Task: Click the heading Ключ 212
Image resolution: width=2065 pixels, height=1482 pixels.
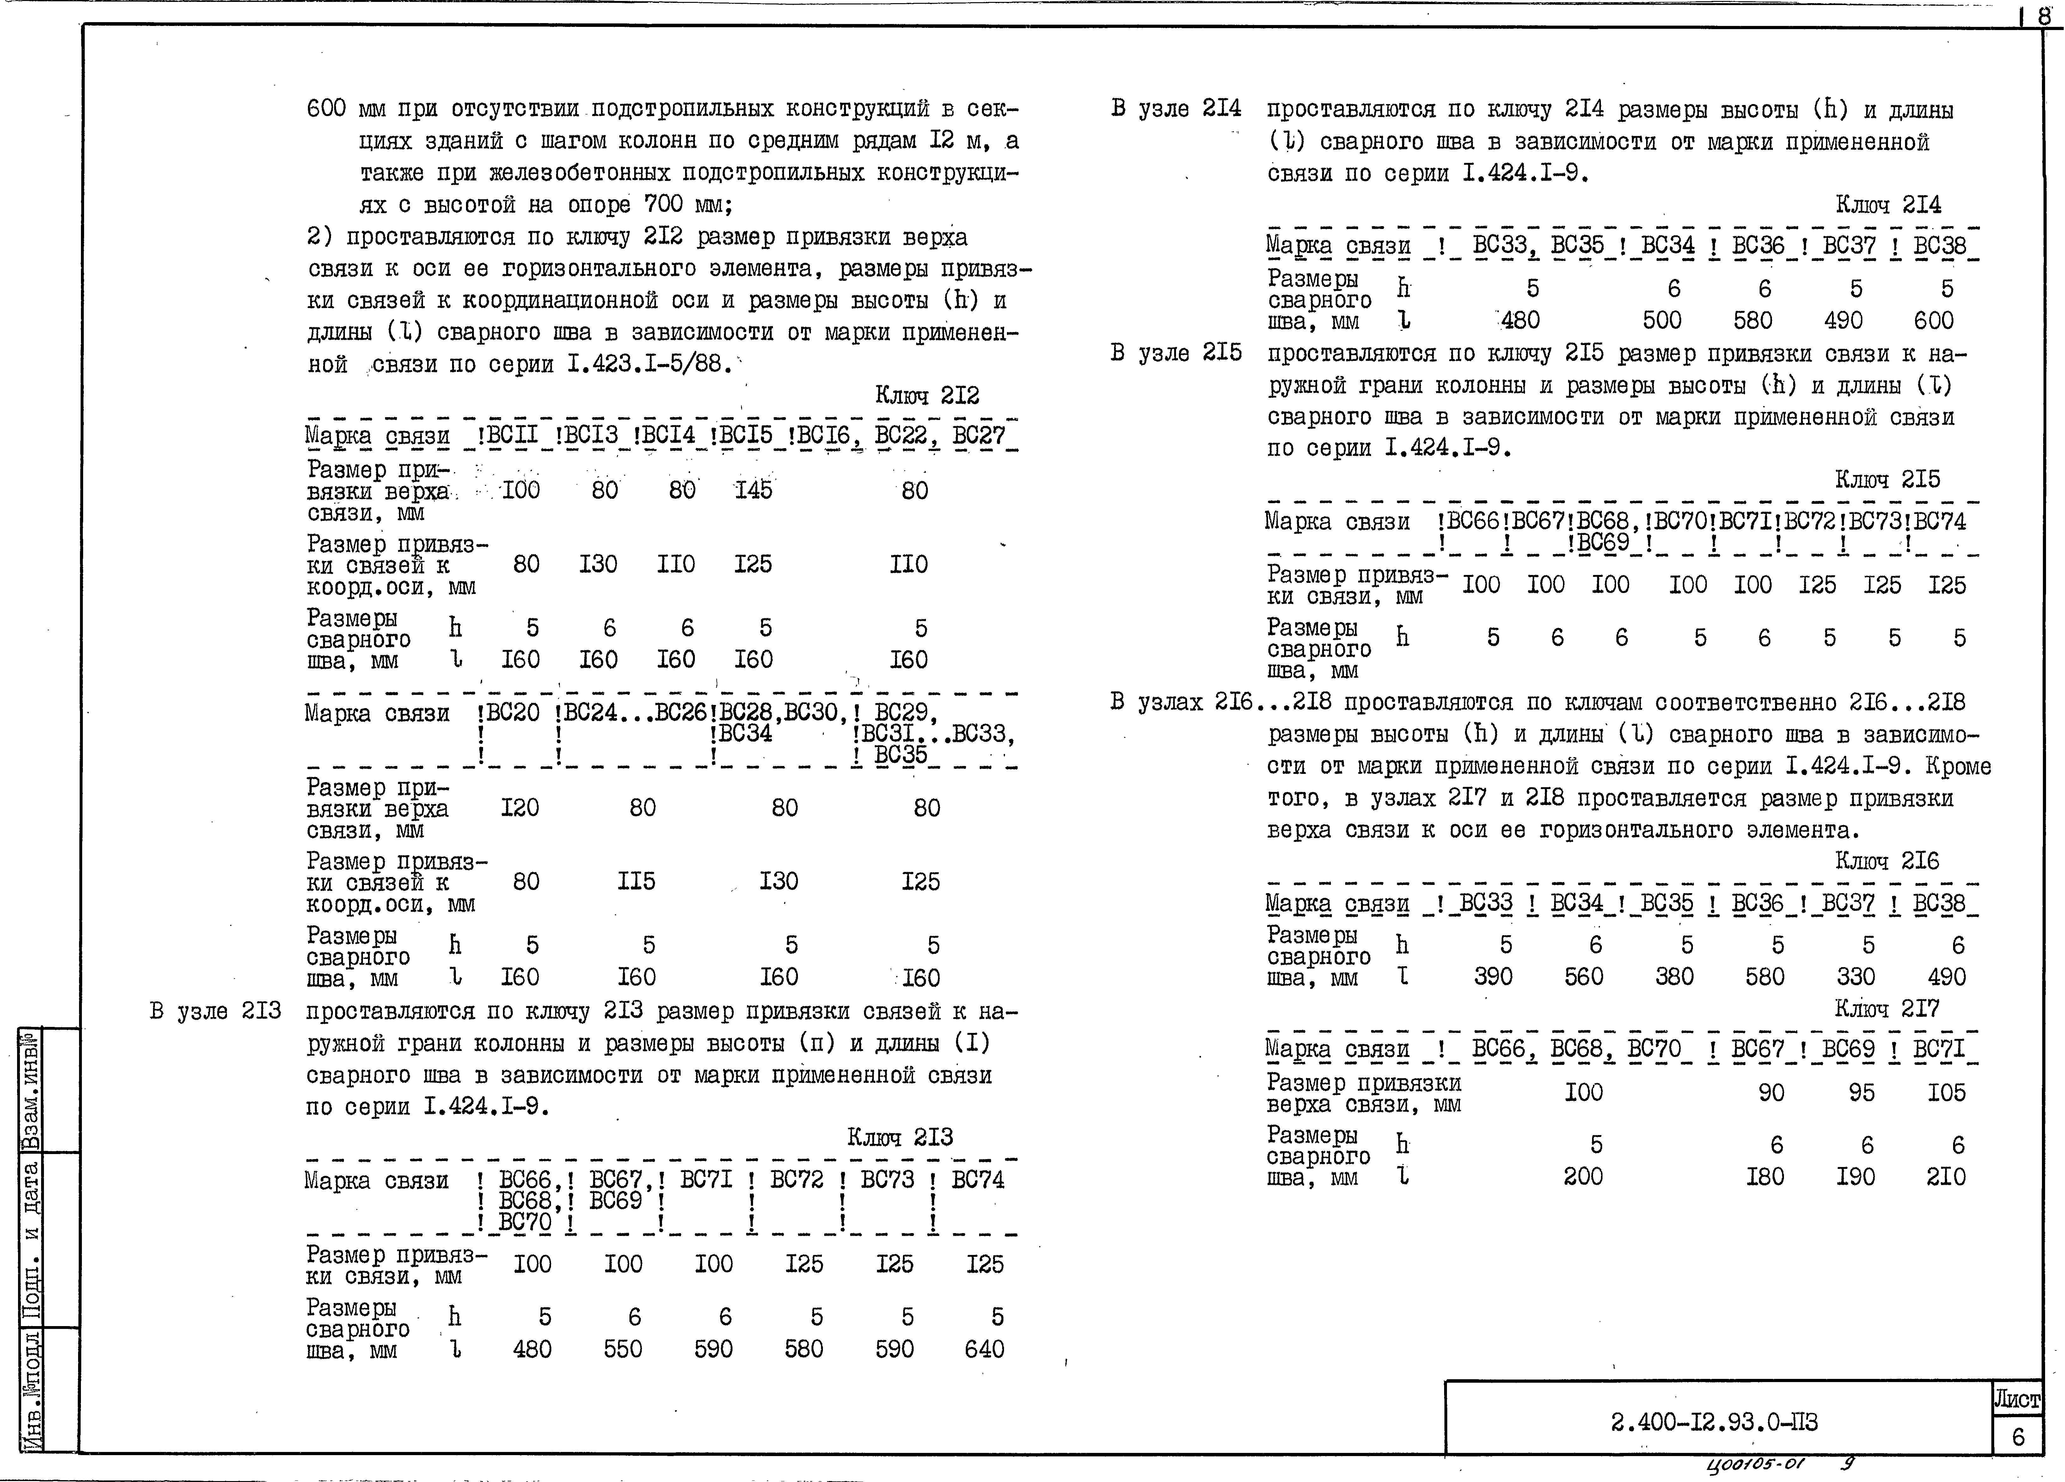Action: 927,395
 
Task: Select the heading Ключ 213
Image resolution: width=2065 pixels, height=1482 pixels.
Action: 900,1137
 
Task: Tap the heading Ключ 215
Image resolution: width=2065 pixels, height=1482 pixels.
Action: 1887,479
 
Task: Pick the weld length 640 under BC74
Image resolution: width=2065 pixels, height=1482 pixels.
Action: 984,1349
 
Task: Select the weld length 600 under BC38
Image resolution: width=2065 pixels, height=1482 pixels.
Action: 1934,321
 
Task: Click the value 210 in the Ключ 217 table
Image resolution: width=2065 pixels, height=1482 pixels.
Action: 1946,1177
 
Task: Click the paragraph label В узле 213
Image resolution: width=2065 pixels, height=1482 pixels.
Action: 215,1011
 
